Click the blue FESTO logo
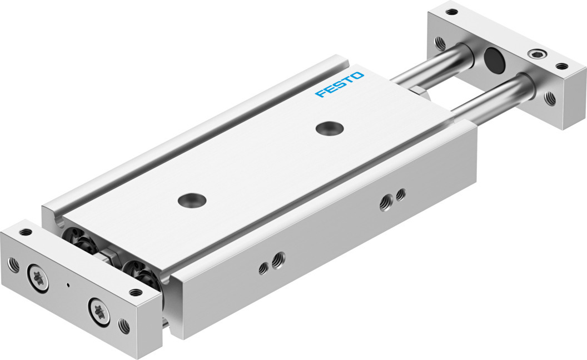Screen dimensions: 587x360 tap(339, 84)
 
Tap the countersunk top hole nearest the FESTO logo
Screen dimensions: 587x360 tap(330, 128)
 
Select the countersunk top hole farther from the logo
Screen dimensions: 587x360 tap(192, 200)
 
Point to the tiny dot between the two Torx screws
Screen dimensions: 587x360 tap(68, 286)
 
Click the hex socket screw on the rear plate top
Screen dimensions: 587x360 tap(538, 54)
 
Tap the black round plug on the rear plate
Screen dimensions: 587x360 tap(493, 58)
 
